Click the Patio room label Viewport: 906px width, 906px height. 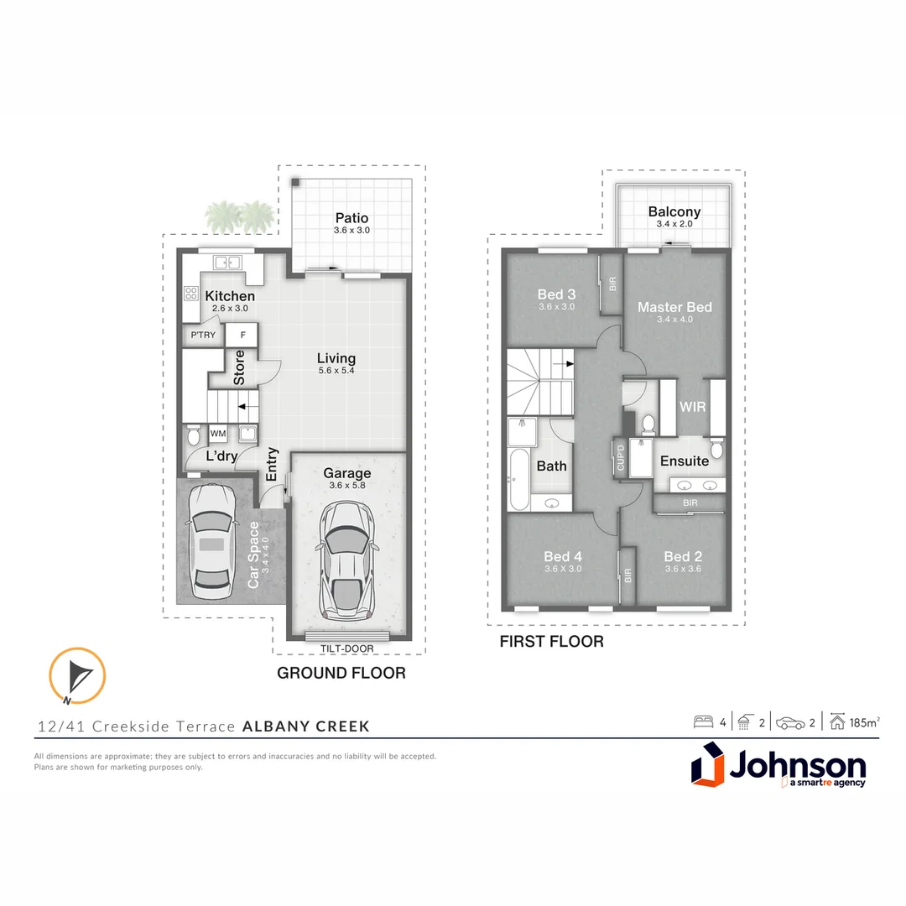point(351,219)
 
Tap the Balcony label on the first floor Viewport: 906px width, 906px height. point(674,212)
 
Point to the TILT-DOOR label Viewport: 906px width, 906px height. point(346,648)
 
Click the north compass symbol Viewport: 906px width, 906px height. point(77,675)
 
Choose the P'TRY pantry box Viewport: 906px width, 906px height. point(203,336)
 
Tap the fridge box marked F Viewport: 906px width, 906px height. point(242,336)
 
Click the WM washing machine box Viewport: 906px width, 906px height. point(218,434)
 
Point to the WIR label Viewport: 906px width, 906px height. point(693,407)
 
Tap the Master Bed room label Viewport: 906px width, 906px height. point(674,307)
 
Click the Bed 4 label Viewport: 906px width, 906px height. point(562,556)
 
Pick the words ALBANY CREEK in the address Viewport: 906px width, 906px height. point(305,726)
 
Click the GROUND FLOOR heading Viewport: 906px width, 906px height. point(341,673)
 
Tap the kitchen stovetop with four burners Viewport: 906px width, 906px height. point(190,294)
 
